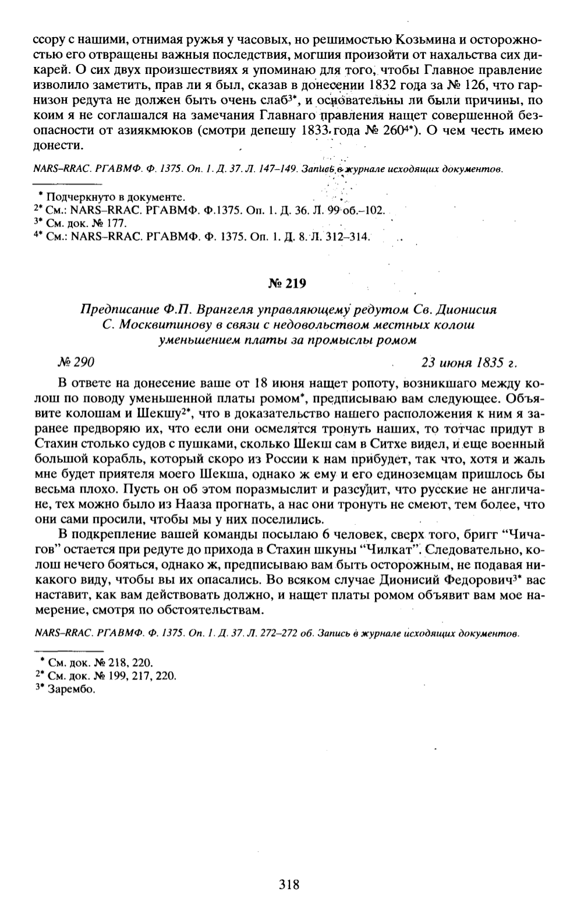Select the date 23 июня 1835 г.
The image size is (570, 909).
[x=470, y=362]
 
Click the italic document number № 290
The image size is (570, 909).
[x=76, y=362]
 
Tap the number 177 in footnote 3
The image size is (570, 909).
[x=117, y=223]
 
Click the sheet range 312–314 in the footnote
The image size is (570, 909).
[x=349, y=236]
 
